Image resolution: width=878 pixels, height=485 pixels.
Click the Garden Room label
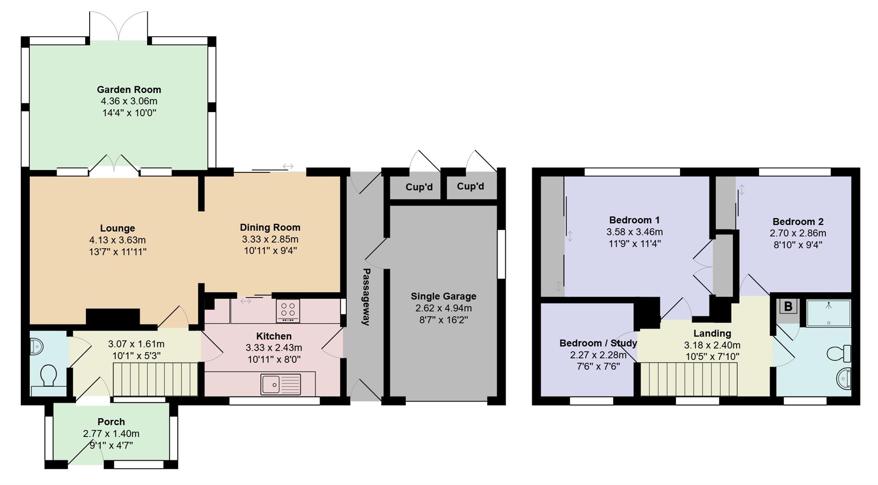128,90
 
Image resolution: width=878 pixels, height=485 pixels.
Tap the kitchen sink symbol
281,384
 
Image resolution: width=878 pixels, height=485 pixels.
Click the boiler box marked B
788,307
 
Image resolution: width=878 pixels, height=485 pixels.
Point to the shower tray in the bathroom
828,313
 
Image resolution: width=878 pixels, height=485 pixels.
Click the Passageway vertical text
366,296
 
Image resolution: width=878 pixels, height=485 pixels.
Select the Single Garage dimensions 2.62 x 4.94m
443,308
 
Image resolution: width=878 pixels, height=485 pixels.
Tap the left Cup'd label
419,187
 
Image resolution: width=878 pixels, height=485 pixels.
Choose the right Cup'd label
470,186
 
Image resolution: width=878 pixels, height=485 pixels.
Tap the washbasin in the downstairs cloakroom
36,346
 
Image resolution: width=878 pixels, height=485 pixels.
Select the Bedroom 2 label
798,221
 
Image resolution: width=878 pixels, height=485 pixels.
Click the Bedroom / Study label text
598,343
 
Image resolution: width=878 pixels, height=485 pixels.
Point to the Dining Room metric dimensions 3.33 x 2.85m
270,239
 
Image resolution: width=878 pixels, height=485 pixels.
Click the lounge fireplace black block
113,317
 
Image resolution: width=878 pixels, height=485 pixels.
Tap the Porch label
111,422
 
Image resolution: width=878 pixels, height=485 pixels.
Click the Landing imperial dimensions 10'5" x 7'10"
712,356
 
